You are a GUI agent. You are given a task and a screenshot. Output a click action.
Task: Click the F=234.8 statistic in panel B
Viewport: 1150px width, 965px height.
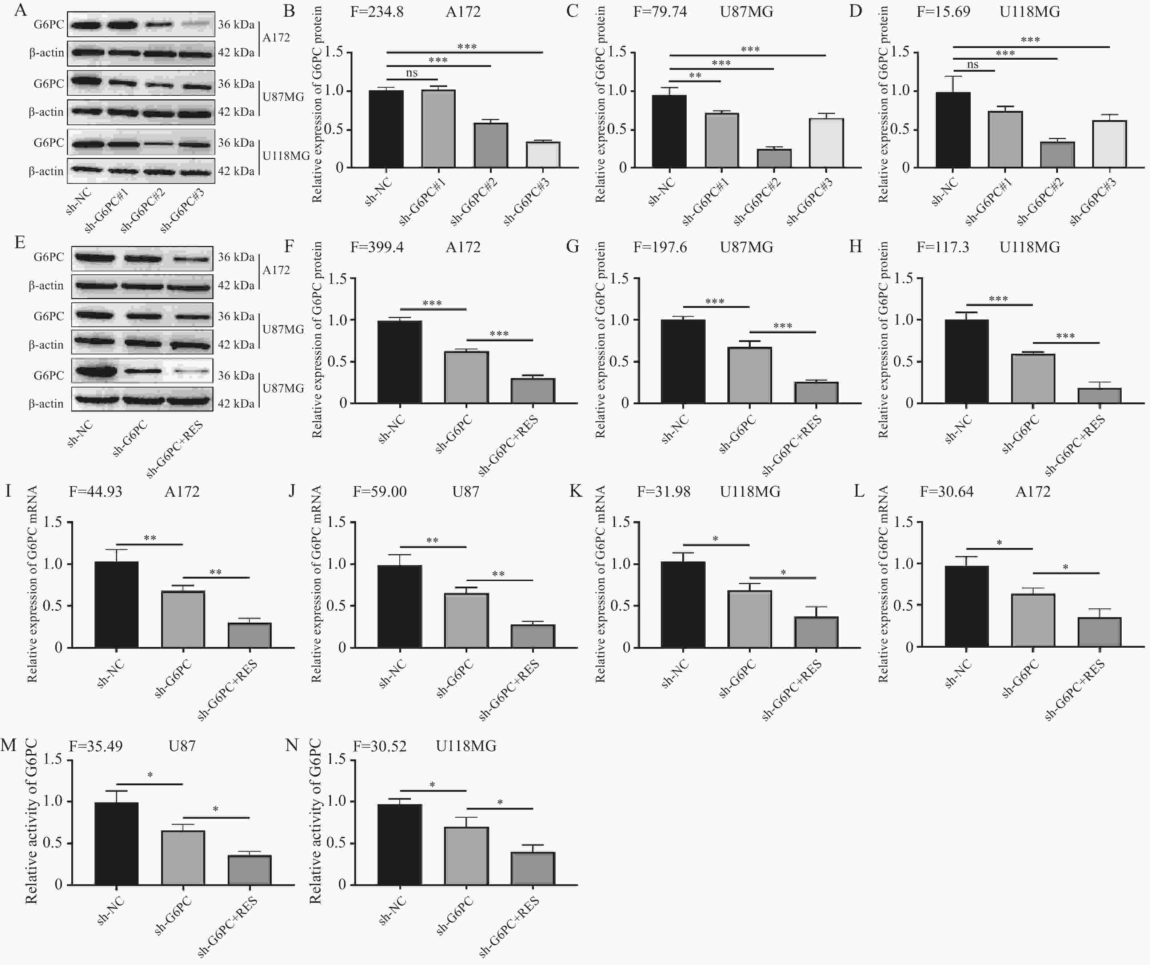click(x=377, y=12)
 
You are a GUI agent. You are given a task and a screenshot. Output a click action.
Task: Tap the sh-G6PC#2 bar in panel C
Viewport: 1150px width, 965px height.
click(x=774, y=158)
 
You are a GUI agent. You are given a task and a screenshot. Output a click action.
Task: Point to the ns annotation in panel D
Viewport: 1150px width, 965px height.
click(x=973, y=65)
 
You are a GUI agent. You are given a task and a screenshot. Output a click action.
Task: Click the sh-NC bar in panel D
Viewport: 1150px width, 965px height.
click(x=953, y=130)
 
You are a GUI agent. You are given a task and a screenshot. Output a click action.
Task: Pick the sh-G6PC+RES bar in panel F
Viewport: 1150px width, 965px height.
click(x=532, y=391)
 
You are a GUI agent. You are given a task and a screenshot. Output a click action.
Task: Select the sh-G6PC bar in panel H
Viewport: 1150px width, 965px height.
click(x=1033, y=379)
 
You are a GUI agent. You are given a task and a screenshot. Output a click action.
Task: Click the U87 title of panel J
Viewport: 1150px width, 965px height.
click(x=466, y=492)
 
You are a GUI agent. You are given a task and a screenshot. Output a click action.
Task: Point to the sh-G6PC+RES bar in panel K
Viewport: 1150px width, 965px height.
click(x=816, y=632)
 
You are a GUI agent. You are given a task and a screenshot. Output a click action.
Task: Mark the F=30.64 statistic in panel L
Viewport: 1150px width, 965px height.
click(x=946, y=492)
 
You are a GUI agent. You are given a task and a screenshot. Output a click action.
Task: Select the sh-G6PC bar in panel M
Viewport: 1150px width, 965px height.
click(x=183, y=858)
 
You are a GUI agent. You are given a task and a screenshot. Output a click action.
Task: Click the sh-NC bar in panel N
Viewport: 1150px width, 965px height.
click(x=400, y=845)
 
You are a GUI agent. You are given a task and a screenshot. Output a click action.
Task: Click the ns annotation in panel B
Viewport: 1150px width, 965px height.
click(x=412, y=73)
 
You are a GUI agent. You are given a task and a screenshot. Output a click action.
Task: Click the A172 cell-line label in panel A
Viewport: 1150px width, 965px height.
click(x=276, y=37)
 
